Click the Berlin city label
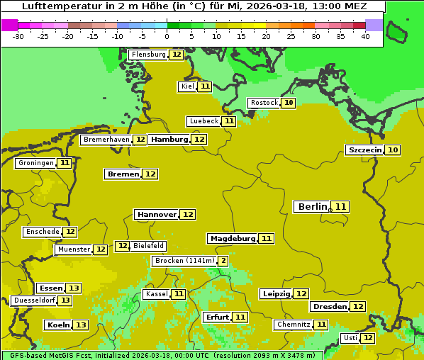312,207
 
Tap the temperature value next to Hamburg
199,140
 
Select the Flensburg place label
148,55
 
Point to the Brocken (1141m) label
184,261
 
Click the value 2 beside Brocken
223,261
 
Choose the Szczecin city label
364,150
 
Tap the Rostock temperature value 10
288,103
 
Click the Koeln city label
58,325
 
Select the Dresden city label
329,307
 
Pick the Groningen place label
35,163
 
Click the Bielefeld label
148,246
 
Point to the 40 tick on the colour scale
365,36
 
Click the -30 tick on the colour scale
18,36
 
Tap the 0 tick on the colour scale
167,36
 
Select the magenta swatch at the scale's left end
9,25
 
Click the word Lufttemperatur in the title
60,6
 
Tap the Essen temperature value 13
74,288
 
